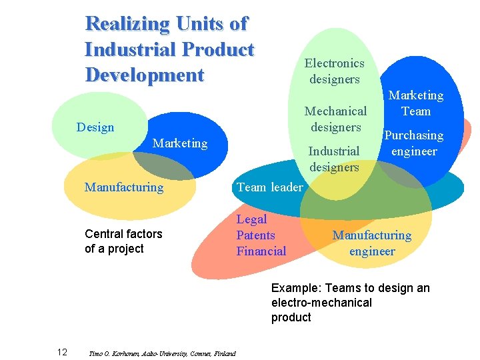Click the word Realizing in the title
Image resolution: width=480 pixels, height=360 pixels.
point(127,24)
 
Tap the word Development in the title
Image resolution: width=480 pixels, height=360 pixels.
point(144,75)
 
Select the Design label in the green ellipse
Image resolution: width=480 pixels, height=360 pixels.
point(95,127)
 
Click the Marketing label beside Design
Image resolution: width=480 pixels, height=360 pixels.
point(180,143)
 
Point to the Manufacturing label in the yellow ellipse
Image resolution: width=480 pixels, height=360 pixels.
point(124,187)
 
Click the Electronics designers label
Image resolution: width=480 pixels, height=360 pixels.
point(334,71)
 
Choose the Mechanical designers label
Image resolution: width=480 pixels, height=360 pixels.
point(335,119)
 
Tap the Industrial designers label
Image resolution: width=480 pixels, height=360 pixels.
point(334,159)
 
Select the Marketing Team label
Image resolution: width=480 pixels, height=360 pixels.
point(416,103)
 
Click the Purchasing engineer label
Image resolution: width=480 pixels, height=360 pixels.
point(414,143)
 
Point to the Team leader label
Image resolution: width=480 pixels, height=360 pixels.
point(269,187)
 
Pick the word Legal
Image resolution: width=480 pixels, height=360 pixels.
point(252,219)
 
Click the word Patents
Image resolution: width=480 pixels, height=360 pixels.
point(256,235)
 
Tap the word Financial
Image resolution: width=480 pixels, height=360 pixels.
point(261,251)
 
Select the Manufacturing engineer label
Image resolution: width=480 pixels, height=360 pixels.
point(372,243)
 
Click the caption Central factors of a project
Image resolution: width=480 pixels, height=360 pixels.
point(123,241)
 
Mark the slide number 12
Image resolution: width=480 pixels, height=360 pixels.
point(61,352)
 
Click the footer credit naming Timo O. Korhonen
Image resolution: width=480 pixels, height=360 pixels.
point(162,353)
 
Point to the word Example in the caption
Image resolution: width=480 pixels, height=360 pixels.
point(294,288)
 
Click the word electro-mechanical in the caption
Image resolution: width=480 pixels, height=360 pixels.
point(321,303)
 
